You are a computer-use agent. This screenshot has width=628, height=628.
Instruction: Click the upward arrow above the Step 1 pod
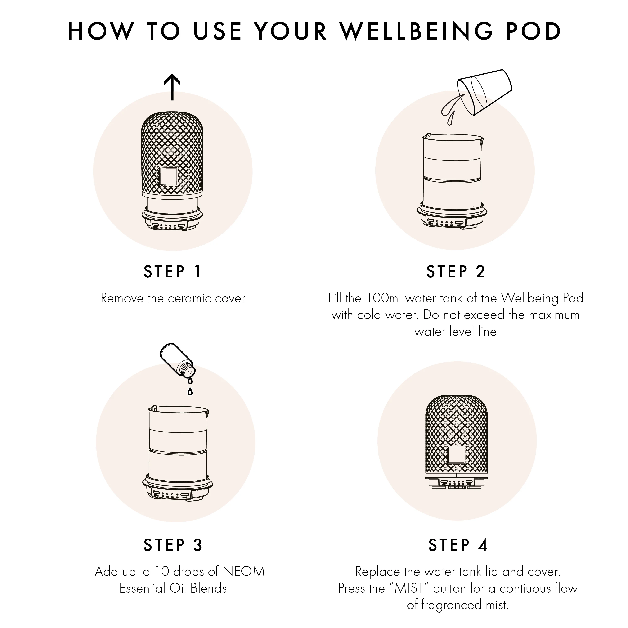coord(172,87)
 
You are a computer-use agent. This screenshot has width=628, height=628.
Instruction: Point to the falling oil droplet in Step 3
coord(190,391)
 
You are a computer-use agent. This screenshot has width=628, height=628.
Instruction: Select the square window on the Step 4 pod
coord(456,455)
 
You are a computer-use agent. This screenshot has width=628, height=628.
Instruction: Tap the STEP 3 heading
coord(173,545)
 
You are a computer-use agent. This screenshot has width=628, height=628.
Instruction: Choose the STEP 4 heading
coord(458,545)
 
